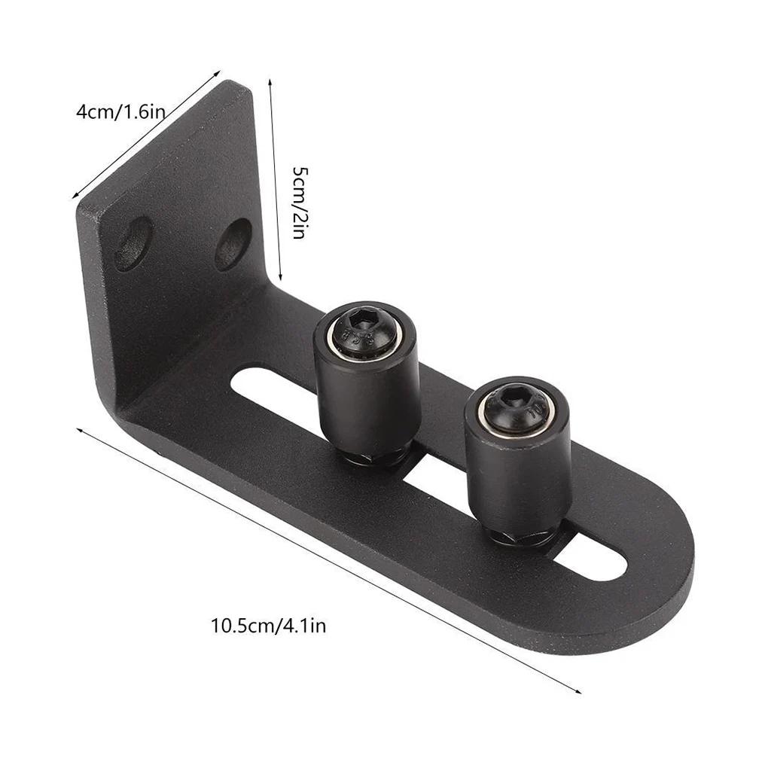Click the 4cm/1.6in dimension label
click(120, 112)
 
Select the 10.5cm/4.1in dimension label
click(268, 626)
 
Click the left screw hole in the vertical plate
click(133, 243)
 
